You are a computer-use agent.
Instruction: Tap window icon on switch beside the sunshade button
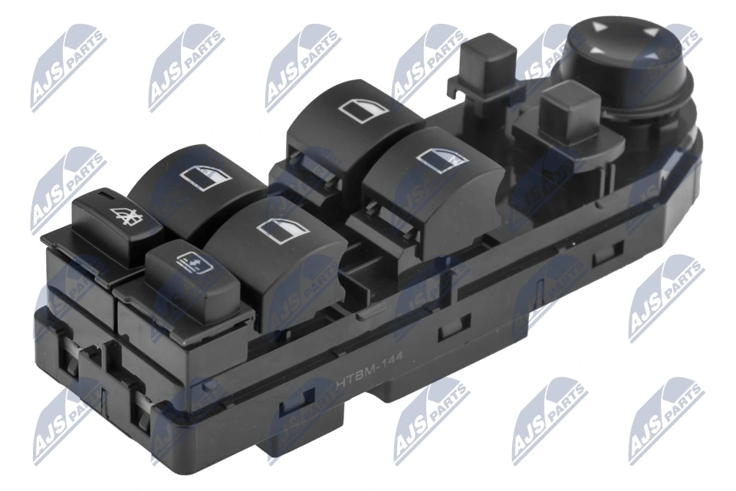point(283,228)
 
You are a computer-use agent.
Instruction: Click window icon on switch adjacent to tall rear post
point(366,112)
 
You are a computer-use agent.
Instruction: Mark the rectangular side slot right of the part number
point(444,335)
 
